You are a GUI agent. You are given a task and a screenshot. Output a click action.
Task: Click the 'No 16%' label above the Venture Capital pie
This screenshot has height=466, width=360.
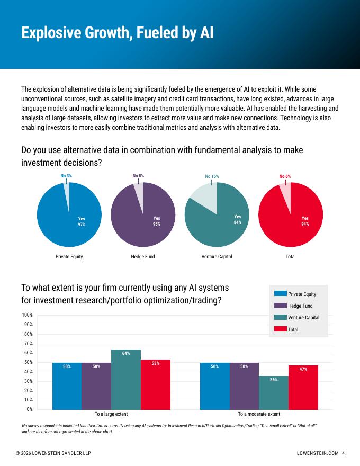coord(212,176)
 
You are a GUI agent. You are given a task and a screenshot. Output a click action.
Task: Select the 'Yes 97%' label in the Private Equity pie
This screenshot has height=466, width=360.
coord(82,221)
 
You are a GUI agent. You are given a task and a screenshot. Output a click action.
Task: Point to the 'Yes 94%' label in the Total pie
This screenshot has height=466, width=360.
coord(305,221)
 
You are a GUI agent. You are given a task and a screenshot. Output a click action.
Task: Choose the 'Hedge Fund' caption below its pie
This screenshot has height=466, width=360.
coord(143,256)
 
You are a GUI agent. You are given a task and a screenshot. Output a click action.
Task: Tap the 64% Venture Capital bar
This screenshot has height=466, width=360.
coord(126,380)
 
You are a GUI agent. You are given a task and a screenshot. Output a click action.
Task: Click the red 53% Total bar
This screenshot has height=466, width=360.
coord(155,384)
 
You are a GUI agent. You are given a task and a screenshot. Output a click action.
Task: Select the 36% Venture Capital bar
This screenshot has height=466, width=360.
coord(274,392)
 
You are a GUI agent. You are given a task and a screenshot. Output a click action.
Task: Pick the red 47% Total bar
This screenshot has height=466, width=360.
coord(303,388)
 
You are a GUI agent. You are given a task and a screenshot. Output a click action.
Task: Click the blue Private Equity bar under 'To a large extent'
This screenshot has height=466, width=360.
coord(67,386)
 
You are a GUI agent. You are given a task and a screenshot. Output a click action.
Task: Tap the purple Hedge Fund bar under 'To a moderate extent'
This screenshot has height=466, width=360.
coord(244,386)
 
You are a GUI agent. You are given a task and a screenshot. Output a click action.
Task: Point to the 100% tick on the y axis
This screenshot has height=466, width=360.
coord(27,315)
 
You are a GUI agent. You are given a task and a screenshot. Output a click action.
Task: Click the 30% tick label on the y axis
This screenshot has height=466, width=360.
coord(28,381)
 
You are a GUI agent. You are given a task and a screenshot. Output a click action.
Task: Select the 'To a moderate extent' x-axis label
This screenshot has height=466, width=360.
coord(259,414)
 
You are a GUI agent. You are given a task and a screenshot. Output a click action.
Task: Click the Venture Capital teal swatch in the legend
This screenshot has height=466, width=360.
coord(281,317)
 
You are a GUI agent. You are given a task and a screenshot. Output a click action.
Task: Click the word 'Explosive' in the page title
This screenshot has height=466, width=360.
coord(51,33)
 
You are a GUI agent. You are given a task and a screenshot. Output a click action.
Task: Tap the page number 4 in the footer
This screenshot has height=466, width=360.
coord(344,453)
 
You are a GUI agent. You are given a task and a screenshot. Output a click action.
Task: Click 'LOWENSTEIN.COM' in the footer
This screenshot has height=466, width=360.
coord(318,453)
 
